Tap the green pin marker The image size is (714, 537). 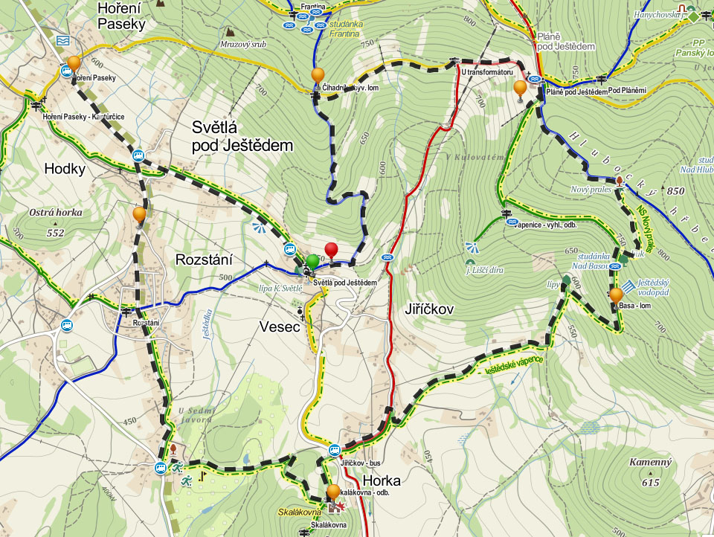tap(313, 261)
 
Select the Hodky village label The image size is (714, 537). tap(65, 169)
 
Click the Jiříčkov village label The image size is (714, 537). tap(431, 308)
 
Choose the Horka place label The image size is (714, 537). tap(382, 480)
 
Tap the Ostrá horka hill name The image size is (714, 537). tap(55, 212)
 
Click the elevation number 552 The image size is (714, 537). tap(55, 233)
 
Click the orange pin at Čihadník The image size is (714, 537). tap(318, 75)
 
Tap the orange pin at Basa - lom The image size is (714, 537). tap(616, 295)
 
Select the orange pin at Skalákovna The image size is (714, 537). tap(333, 491)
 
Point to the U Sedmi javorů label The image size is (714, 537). tap(196, 414)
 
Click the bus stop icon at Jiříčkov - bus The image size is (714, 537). tap(335, 450)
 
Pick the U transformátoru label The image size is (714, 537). tap(487, 72)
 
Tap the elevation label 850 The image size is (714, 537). tap(675, 191)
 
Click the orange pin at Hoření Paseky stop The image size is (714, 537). tap(73, 63)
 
